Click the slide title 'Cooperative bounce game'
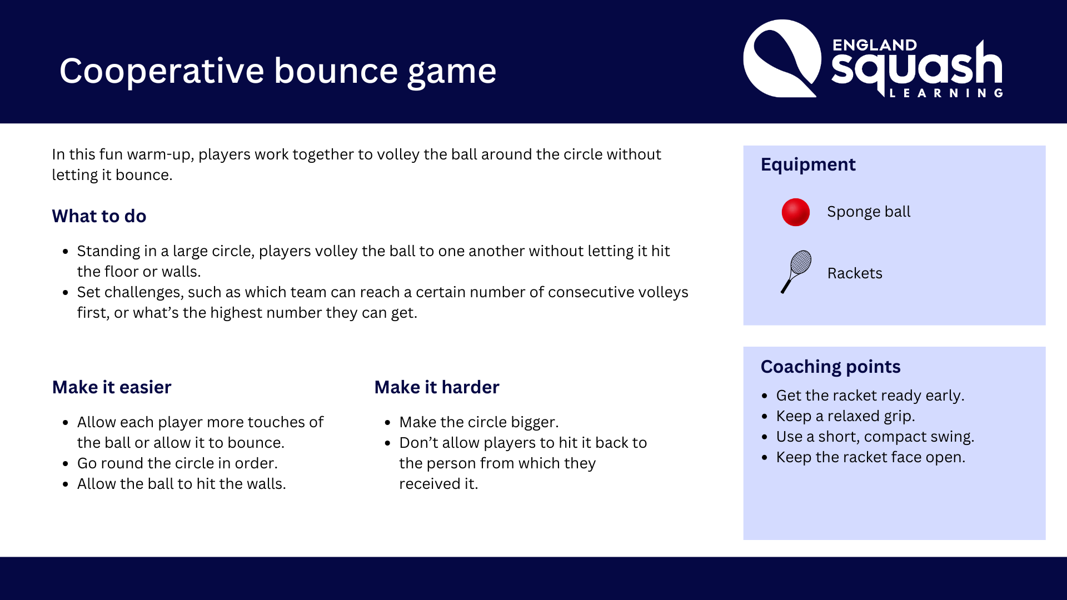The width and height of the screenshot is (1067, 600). tap(278, 71)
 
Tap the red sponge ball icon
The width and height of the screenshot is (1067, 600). tap(796, 212)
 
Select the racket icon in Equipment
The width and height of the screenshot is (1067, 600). tap(796, 272)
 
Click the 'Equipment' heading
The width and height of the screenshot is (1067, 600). tap(808, 164)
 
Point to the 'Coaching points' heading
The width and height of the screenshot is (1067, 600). tap(830, 367)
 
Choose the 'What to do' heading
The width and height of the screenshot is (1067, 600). tap(99, 216)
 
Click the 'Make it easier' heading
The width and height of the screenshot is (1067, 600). tap(112, 387)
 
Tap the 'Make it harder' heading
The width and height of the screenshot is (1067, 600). tap(437, 387)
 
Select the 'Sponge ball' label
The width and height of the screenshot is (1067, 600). tap(869, 212)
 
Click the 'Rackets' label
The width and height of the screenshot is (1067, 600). tap(855, 273)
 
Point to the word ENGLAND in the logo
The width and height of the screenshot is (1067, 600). tap(875, 45)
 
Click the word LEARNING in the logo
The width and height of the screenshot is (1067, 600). tap(946, 93)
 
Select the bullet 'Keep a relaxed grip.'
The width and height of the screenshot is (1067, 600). tap(845, 416)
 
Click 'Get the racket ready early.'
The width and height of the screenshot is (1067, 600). tap(870, 396)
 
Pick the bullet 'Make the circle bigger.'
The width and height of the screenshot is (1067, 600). tap(479, 422)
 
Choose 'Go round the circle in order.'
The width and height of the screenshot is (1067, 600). tap(177, 463)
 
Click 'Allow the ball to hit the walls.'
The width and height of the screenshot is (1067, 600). tap(182, 484)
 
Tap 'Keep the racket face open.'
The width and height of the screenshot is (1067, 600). tap(871, 457)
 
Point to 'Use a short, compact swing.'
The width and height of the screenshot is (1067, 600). tap(875, 437)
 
